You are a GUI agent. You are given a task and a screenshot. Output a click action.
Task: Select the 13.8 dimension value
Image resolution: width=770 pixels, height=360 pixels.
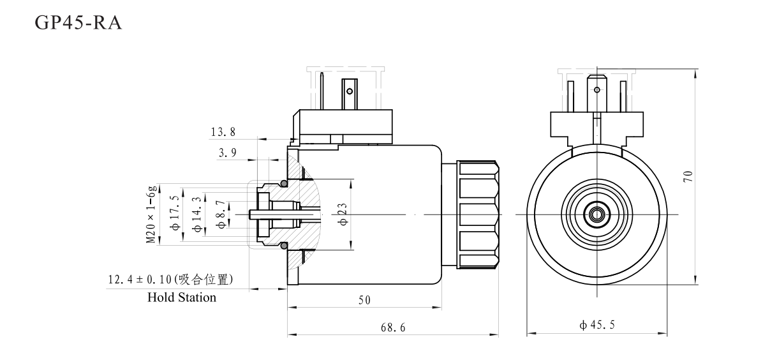pyautogui.click(x=223, y=132)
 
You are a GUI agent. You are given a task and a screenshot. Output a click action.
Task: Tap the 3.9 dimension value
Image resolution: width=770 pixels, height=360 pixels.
pyautogui.click(x=227, y=153)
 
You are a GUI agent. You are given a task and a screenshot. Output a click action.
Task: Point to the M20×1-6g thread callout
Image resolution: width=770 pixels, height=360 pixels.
pyautogui.click(x=151, y=214)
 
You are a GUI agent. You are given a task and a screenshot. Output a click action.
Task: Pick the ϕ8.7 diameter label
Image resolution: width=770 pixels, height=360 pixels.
pyautogui.click(x=221, y=214)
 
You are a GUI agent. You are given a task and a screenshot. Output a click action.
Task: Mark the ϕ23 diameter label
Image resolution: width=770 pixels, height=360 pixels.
pyautogui.click(x=343, y=214)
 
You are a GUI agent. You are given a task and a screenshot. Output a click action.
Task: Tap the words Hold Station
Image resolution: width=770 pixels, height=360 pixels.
pyautogui.click(x=182, y=297)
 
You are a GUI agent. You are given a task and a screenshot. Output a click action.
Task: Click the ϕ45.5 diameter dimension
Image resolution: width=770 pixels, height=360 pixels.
pyautogui.click(x=597, y=326)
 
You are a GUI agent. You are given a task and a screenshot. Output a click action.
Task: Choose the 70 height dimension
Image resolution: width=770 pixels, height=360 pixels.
pyautogui.click(x=688, y=177)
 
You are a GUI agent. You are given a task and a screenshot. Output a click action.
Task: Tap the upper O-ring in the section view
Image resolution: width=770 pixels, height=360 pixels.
pyautogui.click(x=283, y=184)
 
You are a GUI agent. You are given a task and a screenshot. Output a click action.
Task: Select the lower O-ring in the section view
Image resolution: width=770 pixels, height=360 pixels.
pyautogui.click(x=283, y=245)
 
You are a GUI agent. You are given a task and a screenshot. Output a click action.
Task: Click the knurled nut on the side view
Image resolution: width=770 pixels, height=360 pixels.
pyautogui.click(x=478, y=214)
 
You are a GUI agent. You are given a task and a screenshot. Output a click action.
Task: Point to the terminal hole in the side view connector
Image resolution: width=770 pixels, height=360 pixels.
pyautogui.click(x=349, y=91)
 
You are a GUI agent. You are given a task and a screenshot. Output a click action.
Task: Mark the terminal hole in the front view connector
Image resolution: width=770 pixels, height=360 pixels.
pyautogui.click(x=597, y=89)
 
